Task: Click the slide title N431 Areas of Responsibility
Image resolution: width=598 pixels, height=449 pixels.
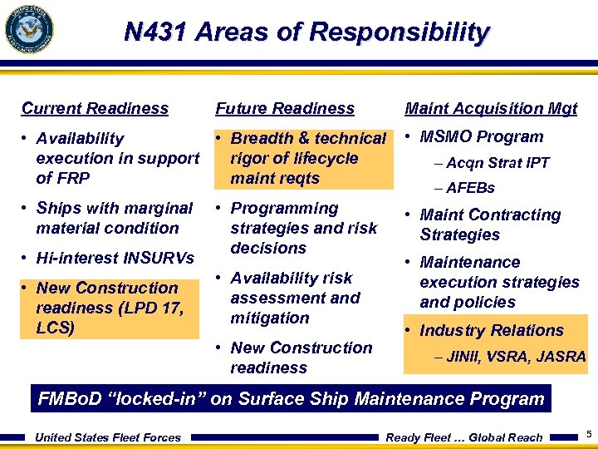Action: [x=306, y=32]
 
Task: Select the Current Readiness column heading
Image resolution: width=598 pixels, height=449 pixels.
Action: [x=95, y=108]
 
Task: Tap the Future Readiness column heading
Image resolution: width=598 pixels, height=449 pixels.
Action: [x=285, y=108]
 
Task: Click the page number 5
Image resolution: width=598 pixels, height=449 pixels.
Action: [x=588, y=435]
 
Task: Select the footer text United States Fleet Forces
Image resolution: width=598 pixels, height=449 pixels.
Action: [x=108, y=437]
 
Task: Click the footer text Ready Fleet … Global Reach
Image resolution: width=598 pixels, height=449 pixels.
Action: [x=464, y=437]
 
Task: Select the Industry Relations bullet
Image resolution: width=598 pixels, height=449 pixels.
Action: [x=492, y=330]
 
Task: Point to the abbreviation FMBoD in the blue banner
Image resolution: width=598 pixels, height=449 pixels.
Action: [x=71, y=399]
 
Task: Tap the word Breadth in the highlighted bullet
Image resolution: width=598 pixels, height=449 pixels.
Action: [x=262, y=139]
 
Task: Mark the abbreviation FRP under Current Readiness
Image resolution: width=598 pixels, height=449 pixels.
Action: [x=73, y=178]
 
